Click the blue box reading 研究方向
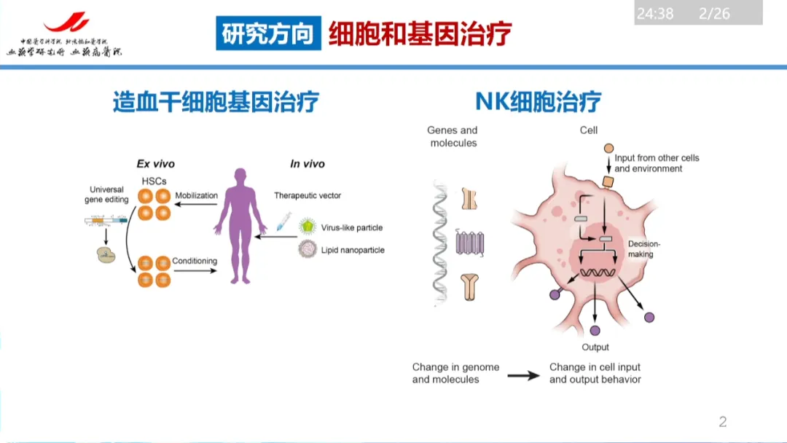coord(268,34)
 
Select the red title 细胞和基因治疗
coord(420,34)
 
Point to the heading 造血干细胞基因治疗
coord(216,101)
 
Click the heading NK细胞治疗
coord(538,101)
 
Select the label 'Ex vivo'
coord(156,164)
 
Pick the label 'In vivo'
coord(308,164)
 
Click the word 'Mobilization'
coord(196,195)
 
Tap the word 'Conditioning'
coord(195,261)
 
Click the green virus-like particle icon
coord(309,227)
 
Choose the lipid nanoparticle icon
coord(308,250)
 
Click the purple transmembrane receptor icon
coord(470,242)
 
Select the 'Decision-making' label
coord(641,249)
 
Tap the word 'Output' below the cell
coord(595,347)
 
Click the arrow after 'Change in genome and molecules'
coord(523,375)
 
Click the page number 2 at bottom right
coord(723,421)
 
